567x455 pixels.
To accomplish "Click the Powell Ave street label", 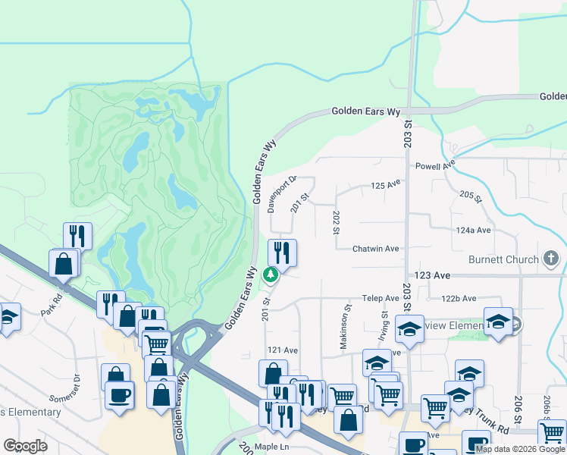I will [x=434, y=165].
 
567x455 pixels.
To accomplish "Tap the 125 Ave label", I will [x=385, y=184].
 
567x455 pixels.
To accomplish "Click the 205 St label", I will [x=470, y=196].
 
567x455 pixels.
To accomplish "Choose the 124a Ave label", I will [x=473, y=230].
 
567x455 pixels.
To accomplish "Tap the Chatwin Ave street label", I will [x=375, y=249].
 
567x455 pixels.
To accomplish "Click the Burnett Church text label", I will [x=503, y=260].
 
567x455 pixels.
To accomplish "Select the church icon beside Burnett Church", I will [x=551, y=260].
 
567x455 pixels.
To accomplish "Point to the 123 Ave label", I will [x=432, y=275].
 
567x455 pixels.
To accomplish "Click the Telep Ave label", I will [x=380, y=299].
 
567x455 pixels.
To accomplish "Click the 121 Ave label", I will [x=283, y=350].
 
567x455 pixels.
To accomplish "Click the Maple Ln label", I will [x=274, y=447].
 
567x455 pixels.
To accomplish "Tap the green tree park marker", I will [x=269, y=275].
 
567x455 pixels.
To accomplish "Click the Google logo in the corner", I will [x=25, y=446].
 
